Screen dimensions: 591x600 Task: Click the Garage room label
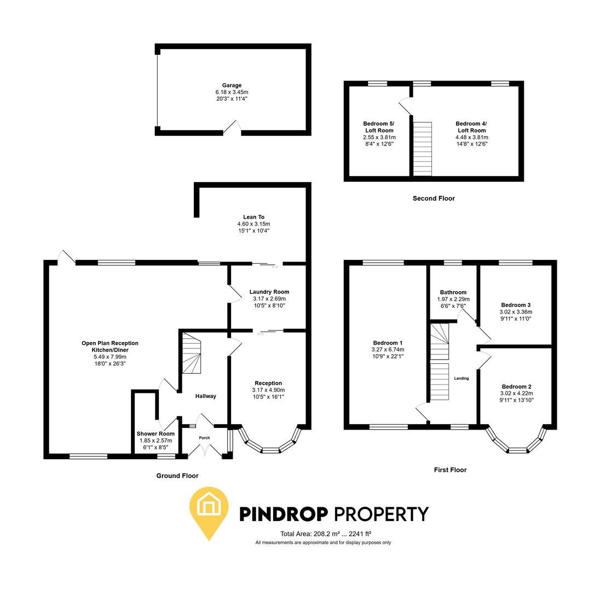(232, 85)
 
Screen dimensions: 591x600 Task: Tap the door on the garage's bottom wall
(232, 129)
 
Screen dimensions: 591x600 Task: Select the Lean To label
(253, 217)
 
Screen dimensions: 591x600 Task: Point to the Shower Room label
(155, 433)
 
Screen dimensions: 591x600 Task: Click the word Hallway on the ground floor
(206, 396)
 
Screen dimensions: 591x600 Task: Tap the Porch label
(204, 438)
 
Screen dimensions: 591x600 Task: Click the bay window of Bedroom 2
(516, 445)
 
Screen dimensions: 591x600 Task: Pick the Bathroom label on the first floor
(453, 292)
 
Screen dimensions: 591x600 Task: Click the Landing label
(461, 378)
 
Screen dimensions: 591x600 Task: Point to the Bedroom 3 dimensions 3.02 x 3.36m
(515, 312)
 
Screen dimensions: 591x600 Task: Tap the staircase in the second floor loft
(422, 148)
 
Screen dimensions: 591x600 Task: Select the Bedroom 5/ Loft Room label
(379, 127)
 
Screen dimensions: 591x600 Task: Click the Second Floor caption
(434, 198)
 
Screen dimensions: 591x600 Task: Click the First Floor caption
(450, 470)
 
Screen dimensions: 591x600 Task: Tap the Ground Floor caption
(177, 476)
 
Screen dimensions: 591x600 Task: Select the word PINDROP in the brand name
(284, 514)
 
